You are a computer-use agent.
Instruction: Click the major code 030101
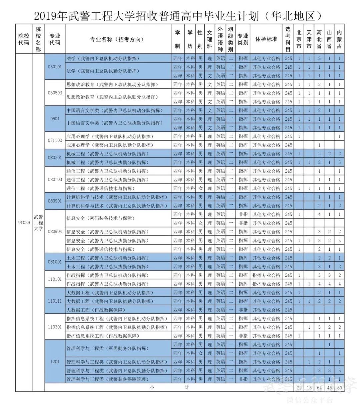click(x=55, y=67)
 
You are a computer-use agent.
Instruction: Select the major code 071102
click(x=55, y=141)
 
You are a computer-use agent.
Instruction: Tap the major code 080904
click(x=55, y=231)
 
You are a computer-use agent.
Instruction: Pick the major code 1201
click(x=55, y=362)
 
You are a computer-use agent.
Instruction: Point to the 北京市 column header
click(x=299, y=39)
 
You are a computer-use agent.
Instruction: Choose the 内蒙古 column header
click(x=339, y=39)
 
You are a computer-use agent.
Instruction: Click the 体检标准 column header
click(x=266, y=39)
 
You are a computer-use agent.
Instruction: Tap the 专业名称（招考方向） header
click(x=117, y=39)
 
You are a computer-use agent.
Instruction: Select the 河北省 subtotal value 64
click(x=319, y=388)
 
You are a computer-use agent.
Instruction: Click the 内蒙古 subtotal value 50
click(x=339, y=388)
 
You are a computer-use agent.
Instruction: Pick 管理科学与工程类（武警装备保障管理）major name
click(x=107, y=379)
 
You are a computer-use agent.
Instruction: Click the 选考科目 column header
click(x=288, y=39)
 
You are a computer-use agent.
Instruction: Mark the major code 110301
click(x=55, y=327)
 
